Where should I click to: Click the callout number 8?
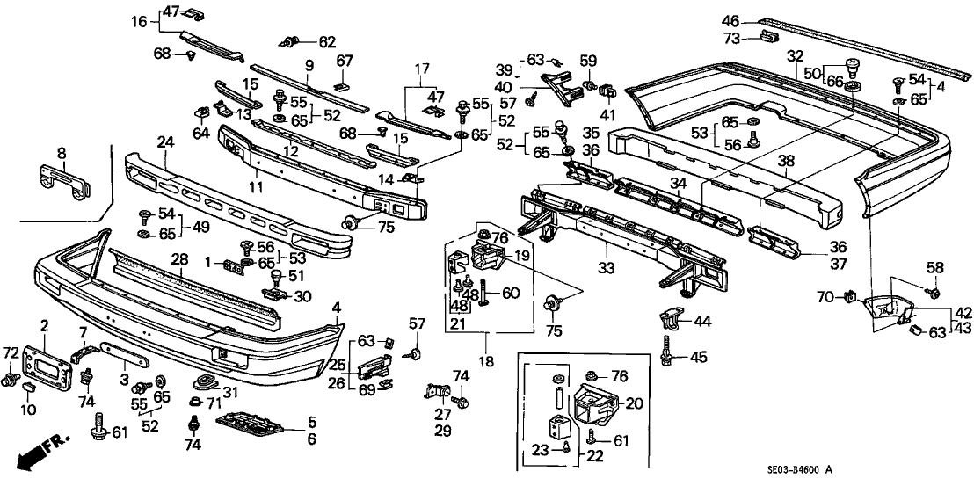[x=61, y=153]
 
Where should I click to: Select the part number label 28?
[x=179, y=259]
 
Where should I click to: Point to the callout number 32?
[x=795, y=56]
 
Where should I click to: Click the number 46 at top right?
[x=730, y=20]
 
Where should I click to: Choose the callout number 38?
[x=784, y=161]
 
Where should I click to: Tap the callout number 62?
[x=326, y=40]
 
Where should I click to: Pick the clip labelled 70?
[x=850, y=297]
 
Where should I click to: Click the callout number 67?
[x=345, y=60]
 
